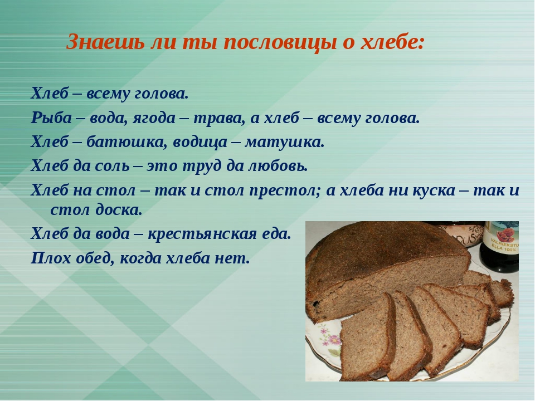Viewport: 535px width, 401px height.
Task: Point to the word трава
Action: click(219, 118)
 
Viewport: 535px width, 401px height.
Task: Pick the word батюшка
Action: click(127, 142)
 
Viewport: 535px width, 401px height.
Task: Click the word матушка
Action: click(284, 142)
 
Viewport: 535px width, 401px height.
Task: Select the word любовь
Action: click(278, 166)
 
